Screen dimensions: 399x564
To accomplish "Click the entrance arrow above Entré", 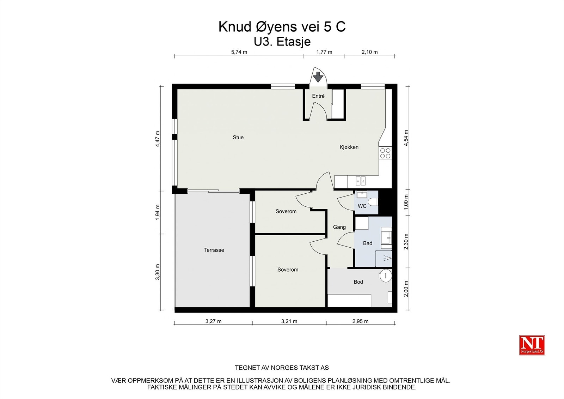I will pos(318,77).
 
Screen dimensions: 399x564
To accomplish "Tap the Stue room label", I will pos(238,138).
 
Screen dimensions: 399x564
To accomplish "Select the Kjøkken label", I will pos(349,147).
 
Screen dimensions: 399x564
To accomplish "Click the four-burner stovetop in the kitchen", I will pos(385,153).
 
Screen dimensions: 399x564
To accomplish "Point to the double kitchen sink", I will pos(361,181).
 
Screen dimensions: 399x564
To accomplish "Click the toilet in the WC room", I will pos(374,202).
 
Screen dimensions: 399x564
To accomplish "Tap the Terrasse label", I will pos(214,250).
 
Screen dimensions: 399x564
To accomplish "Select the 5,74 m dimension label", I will pos(239,52).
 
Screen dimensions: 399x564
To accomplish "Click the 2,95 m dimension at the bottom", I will pos(360,321).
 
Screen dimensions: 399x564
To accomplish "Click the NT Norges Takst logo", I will pos(532,345).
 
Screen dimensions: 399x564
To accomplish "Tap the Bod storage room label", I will pos(358,282).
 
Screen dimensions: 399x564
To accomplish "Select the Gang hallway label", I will pos(339,227).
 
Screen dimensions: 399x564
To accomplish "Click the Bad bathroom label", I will pos(368,243).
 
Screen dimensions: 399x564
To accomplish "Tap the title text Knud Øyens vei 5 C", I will pos(282,27).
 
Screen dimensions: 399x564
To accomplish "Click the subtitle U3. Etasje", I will pos(282,42).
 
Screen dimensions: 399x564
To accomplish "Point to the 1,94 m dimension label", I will pos(158,212).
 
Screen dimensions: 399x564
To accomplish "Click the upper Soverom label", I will pos(286,211).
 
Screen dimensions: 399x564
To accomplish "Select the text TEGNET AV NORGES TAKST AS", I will pos(282,368).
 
